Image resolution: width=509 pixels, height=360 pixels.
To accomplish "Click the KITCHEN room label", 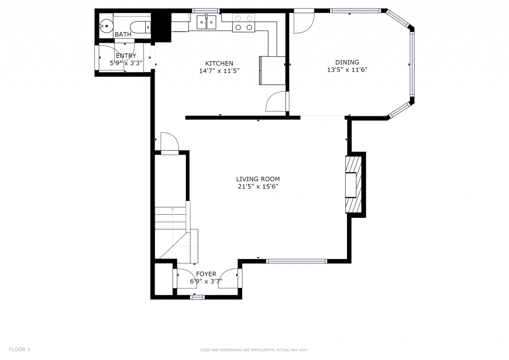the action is point(219,63).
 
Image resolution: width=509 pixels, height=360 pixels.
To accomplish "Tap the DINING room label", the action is point(347,62).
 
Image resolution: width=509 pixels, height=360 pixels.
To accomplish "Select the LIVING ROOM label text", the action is point(258,179).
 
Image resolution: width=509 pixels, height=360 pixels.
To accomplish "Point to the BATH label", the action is point(123,34).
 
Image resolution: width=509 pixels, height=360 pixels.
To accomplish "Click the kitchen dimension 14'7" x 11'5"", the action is point(219,71).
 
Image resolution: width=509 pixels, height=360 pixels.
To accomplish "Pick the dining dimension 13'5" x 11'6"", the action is point(347,70).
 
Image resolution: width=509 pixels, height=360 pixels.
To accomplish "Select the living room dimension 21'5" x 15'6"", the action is point(258,186).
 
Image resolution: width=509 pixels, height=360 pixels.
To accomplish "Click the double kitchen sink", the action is point(206,22).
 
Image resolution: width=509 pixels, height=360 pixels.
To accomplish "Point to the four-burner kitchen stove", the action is point(244,23).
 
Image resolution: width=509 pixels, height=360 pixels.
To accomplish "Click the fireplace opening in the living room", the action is point(350,185).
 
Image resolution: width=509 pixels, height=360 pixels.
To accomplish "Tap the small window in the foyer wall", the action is point(197,297).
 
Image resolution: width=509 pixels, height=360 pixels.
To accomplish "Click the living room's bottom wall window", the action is point(297,261).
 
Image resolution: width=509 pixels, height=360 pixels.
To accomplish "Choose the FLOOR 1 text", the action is point(19,350).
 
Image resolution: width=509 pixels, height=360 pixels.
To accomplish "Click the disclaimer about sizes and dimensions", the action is point(254,350).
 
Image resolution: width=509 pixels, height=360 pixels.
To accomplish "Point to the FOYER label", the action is point(206,274).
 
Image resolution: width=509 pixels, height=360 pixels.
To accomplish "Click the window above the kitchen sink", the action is point(206,11).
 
